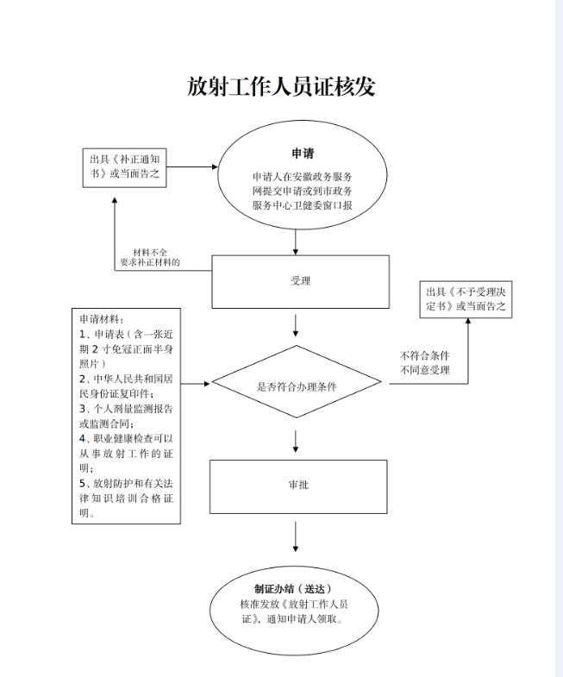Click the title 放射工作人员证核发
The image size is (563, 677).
281,86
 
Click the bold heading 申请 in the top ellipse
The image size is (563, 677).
303,154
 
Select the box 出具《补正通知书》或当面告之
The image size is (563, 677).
124,168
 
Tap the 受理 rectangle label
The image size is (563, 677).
300,281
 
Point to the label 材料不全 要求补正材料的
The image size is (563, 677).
150,257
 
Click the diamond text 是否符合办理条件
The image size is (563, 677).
297,386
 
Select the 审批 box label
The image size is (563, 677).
298,485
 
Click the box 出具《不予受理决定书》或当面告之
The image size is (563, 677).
466,299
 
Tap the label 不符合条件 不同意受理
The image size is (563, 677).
424,363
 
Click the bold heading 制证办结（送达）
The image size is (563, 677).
293,588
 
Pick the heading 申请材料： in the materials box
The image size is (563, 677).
102,319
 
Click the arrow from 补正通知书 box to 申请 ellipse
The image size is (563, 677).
192,166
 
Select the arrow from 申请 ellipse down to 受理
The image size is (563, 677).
296,242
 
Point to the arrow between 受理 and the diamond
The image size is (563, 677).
296,325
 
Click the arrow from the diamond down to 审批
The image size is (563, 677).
296,442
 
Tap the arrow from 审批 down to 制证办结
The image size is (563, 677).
296,536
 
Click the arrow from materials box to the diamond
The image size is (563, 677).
195,384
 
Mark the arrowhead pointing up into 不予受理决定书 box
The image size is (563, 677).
468,321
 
